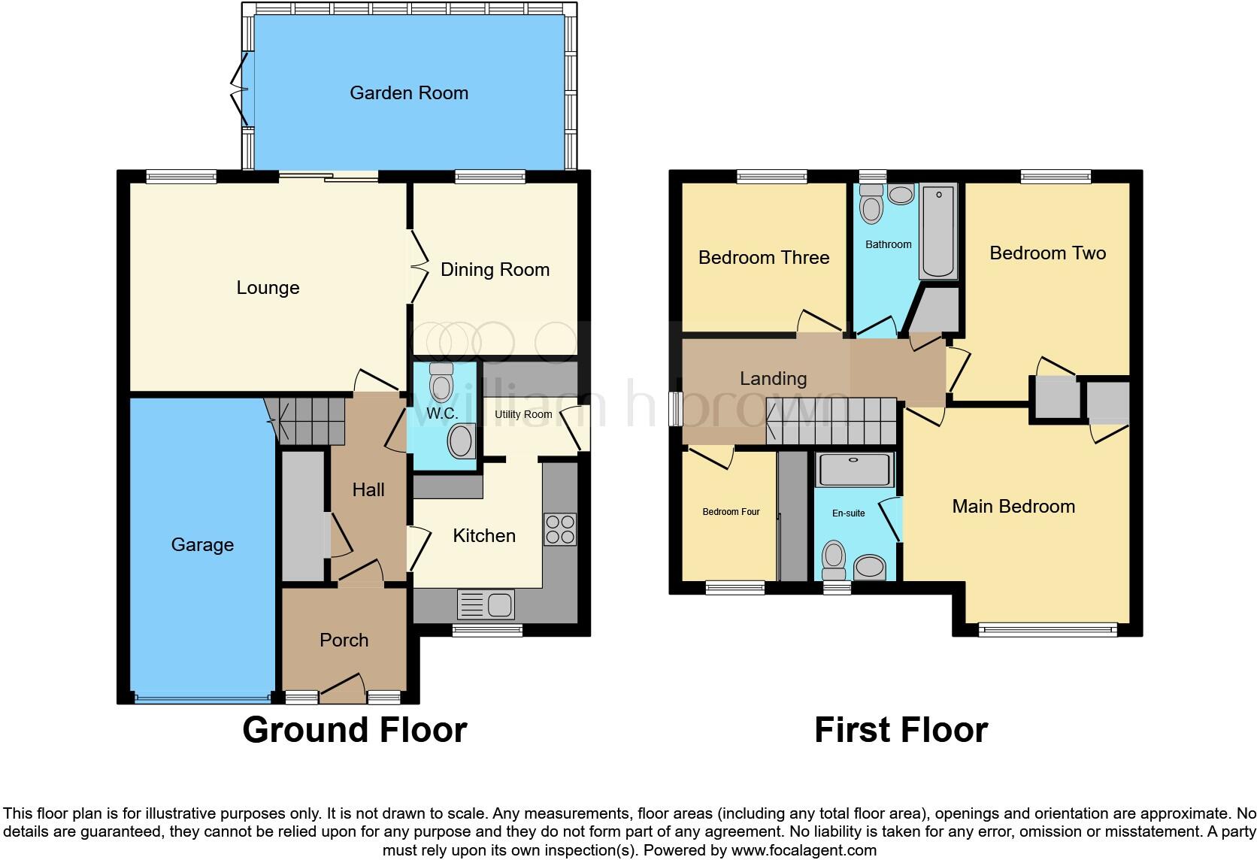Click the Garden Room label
408,93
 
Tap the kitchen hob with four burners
559,528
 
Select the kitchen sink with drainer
486,604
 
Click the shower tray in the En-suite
854,470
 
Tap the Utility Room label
523,414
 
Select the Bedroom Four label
731,512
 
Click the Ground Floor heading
355,730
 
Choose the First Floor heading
901,730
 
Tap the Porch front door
342,688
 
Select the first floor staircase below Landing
831,421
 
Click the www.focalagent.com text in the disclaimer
804,850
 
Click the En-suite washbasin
870,567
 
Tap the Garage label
202,545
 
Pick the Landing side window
676,409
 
